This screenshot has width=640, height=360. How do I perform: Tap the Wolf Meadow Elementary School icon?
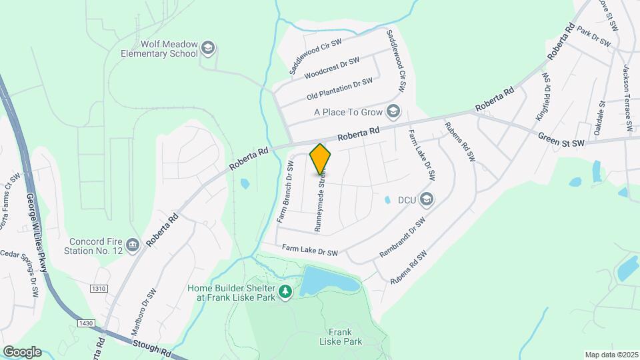point(208,48)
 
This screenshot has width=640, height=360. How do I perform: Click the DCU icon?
point(427,199)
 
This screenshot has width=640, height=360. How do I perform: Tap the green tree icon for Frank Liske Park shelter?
point(285,292)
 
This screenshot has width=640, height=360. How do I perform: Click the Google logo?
point(22,351)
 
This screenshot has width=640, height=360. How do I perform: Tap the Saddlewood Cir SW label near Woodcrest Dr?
point(315,56)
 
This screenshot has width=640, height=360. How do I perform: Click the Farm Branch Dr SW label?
point(285,191)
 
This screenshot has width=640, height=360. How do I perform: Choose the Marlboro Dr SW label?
point(143,306)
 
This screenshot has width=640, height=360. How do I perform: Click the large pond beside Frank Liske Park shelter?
point(327,281)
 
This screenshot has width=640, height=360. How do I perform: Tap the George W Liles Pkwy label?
point(38,233)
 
